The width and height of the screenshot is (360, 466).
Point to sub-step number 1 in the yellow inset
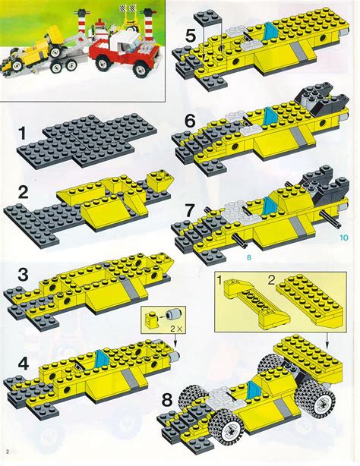(220, 282)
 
